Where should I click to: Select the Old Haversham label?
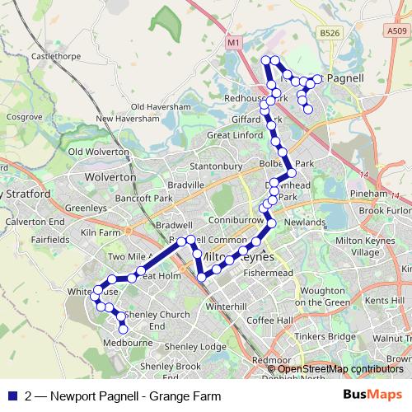tap(161, 106)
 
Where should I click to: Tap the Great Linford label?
tap(233, 134)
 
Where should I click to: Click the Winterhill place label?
tap(226, 306)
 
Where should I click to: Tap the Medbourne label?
tap(124, 345)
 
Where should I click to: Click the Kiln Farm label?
tap(98, 233)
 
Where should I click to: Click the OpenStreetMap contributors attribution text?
tap(341, 368)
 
